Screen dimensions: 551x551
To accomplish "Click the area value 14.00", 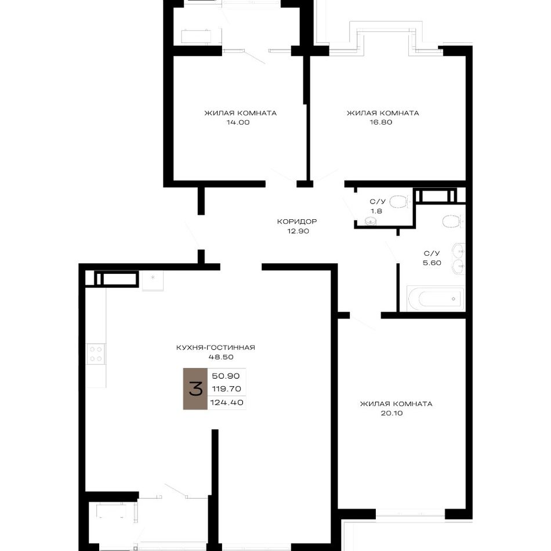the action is tap(238, 122).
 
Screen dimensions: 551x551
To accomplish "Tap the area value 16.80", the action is tap(381, 122).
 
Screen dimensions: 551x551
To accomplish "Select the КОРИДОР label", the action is tap(297, 222).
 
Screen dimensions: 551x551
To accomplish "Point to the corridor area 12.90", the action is tap(298, 231).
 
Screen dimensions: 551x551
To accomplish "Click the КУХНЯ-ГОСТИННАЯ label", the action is tap(215, 347).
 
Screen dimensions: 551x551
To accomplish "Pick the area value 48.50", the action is tap(220, 357).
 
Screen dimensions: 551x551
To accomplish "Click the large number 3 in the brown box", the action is tap(195, 389).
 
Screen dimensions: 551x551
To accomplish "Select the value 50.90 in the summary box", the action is tap(226, 376).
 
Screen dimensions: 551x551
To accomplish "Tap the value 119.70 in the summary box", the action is tap(226, 389).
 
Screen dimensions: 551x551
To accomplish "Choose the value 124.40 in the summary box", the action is tap(227, 403).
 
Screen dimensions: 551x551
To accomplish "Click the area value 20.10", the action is tap(392, 413).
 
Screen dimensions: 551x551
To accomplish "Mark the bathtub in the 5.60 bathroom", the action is tap(436, 299).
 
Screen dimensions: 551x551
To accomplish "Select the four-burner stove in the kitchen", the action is tap(96, 354).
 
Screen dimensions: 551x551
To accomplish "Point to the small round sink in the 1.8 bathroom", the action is tap(371, 221).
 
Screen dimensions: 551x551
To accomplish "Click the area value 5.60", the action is tap(432, 263).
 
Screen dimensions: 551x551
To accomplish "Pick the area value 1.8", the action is tap(376, 211).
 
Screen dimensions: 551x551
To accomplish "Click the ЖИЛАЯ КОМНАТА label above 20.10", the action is tap(396, 404).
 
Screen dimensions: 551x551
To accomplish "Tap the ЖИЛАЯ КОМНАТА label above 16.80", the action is tap(383, 113).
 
